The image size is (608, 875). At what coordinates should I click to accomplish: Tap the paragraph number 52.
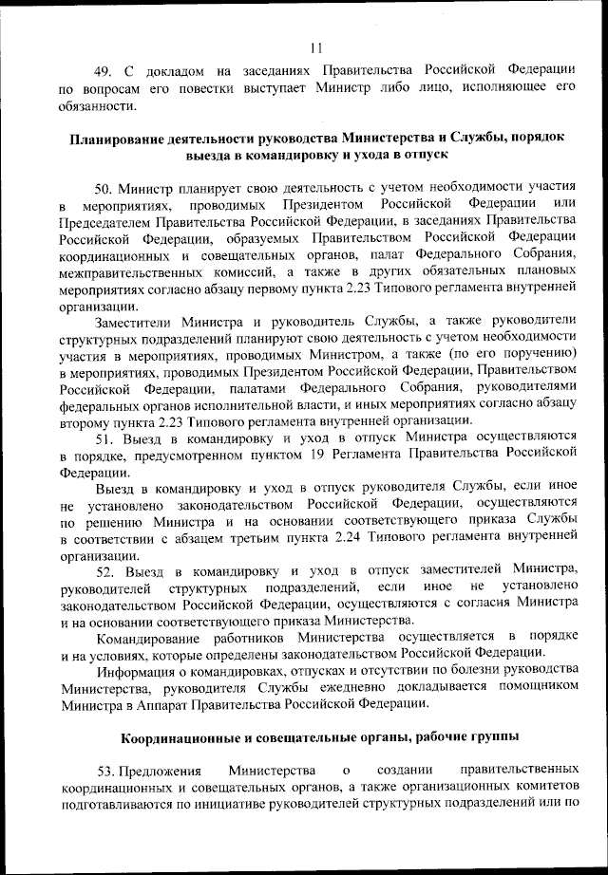click(105, 571)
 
